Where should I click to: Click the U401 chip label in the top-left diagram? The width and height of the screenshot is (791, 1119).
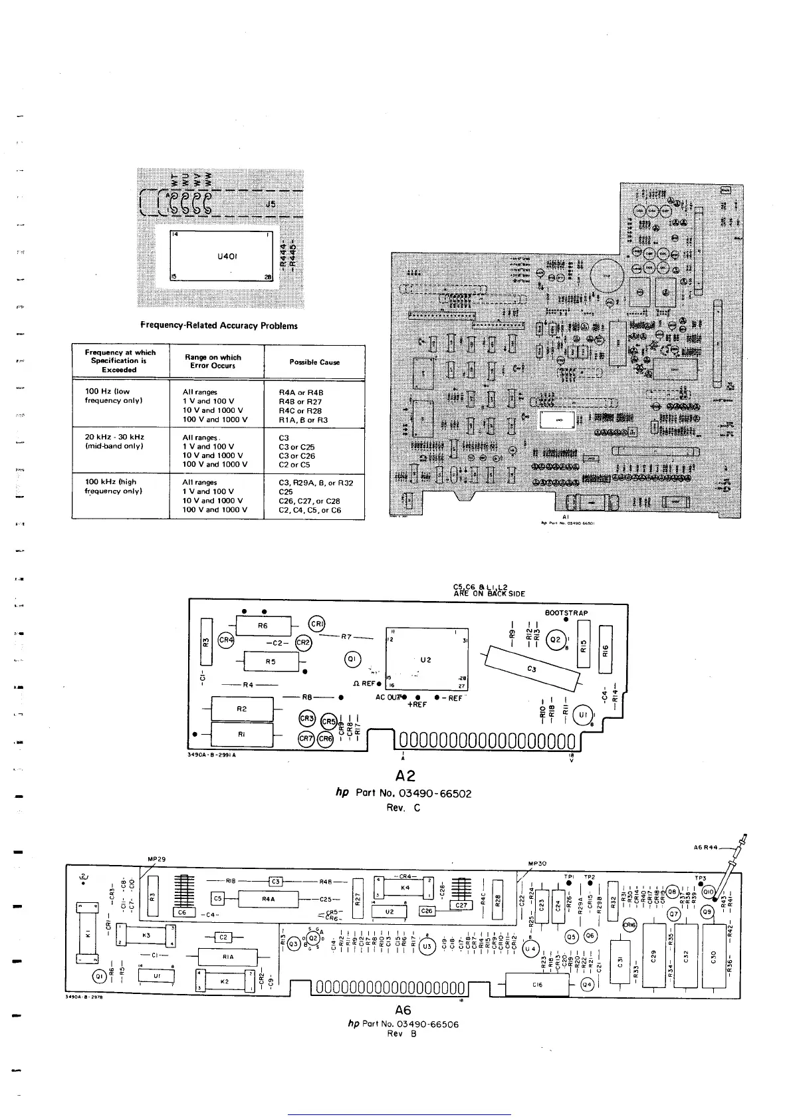coord(228,256)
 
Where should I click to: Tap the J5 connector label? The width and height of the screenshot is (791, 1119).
coord(271,205)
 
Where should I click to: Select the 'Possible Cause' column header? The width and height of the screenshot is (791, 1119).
coord(314,362)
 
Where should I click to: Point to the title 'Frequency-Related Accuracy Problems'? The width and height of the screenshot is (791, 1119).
coord(219,326)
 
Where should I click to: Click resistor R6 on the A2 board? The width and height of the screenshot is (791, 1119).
coord(263,626)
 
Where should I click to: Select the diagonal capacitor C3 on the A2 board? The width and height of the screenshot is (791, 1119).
coord(532,668)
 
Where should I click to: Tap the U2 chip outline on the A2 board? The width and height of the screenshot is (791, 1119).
coord(427,660)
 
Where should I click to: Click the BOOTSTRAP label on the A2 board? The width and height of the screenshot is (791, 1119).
coord(566,613)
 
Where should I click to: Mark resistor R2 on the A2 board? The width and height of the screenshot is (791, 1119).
coord(241,709)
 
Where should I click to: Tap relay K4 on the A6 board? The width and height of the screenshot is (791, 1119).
coord(405,888)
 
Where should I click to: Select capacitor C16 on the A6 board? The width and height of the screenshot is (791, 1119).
coord(537,985)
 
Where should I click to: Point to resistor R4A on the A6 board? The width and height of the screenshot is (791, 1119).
coord(268,899)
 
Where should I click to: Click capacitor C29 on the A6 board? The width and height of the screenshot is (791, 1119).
coord(653,955)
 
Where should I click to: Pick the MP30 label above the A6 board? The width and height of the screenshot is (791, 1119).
coord(536,864)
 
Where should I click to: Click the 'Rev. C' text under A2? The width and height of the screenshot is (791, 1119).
coord(403,808)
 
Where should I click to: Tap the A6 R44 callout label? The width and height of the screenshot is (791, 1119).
coord(705,847)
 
